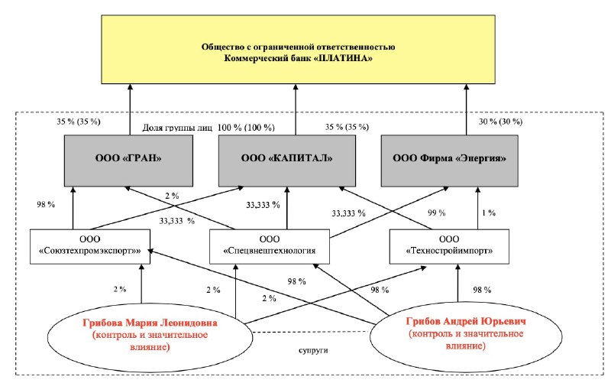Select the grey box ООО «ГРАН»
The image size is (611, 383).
click(x=128, y=161)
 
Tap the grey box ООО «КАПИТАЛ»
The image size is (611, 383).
click(x=287, y=161)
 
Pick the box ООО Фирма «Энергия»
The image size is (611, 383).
click(x=449, y=161)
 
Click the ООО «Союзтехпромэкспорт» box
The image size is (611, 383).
click(x=90, y=246)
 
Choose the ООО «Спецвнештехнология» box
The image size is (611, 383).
click(x=270, y=246)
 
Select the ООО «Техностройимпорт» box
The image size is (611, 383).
click(x=449, y=246)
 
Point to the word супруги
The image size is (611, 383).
click(x=313, y=350)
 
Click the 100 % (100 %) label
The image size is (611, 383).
click(x=246, y=128)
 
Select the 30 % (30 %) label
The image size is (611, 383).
click(x=500, y=122)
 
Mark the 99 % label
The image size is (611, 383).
click(x=436, y=213)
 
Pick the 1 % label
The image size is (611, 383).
click(x=489, y=213)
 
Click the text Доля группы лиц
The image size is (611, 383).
click(x=177, y=128)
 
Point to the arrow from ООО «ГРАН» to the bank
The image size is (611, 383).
click(x=130, y=109)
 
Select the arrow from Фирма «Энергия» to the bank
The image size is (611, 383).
click(x=466, y=109)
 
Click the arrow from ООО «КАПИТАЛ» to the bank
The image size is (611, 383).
click(x=295, y=109)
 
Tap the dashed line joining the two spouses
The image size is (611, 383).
click(x=311, y=332)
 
